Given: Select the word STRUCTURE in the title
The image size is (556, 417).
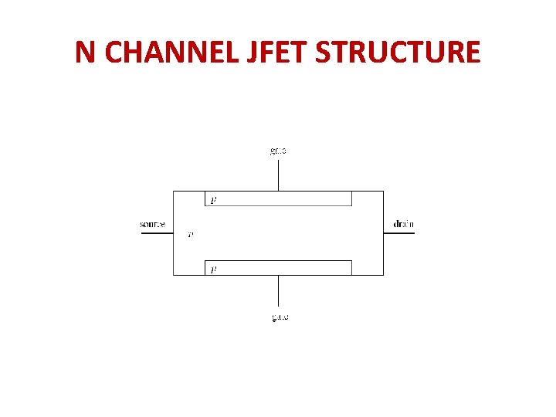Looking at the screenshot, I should pos(398,52).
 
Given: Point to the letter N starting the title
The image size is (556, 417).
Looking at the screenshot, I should pos(85,52).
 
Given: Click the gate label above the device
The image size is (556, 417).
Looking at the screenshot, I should pos(278,151).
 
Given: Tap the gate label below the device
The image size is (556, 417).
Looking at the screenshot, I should pos(278,317).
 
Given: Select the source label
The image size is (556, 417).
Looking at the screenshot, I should pos(152,225).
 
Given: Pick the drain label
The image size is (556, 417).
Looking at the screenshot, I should pos(403,225).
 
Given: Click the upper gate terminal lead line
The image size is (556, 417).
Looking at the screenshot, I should pos(278,175).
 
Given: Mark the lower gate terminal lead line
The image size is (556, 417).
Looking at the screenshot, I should pos(278,290).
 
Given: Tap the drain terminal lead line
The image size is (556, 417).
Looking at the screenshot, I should pos(398,232).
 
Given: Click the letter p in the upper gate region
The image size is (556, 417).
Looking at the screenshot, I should pos(213,200).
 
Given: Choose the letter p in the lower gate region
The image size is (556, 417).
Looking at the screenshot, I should pos(213,270).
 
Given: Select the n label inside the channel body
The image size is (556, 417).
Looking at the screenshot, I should pos(191,234).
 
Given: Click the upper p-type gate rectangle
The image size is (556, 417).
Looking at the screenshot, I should pos(278,198).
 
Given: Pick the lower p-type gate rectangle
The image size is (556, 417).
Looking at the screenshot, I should pos(278,268).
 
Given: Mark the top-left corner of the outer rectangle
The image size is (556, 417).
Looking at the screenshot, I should pos(173,191).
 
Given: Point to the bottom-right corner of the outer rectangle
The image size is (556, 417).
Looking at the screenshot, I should pos(383,275).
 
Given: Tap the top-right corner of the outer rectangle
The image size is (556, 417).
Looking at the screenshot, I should pos(383,191).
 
